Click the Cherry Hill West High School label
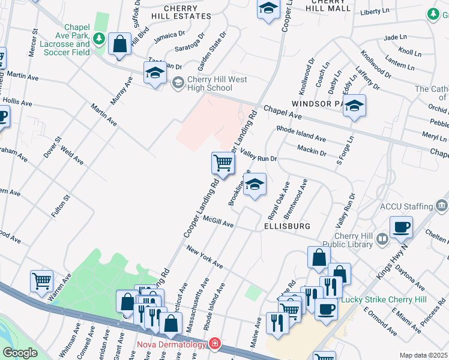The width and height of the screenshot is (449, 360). click(x=209, y=83)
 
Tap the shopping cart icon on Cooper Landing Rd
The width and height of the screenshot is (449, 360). click(x=223, y=163)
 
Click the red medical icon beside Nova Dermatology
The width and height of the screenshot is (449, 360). click(x=214, y=344)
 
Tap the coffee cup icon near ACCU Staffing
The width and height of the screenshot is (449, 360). click(x=401, y=228)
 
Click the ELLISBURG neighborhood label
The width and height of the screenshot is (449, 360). click(x=287, y=226)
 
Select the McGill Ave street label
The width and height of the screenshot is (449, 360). click(x=217, y=222)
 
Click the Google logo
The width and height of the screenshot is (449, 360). click(x=20, y=353)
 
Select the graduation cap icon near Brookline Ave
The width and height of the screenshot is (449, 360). click(x=255, y=185)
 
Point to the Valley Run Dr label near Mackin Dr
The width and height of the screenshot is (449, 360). click(x=258, y=155)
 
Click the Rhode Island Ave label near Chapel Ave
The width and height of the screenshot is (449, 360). click(x=301, y=133)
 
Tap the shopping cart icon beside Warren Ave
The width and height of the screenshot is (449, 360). click(x=41, y=280)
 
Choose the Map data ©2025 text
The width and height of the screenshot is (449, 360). click(x=423, y=355)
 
